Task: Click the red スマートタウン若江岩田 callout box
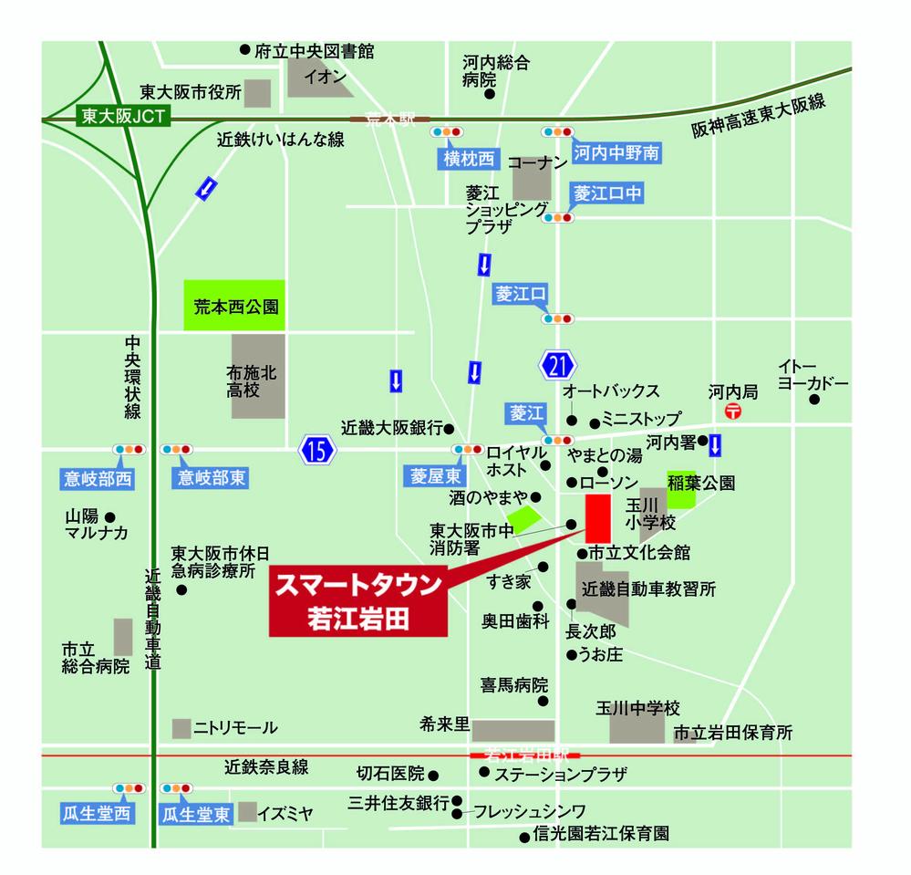point(358,599)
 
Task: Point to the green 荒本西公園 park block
point(235,306)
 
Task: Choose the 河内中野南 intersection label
point(616,152)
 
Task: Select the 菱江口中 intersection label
point(607,193)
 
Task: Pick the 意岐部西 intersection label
point(98,477)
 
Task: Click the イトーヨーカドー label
point(813,374)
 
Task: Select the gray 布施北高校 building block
point(258,376)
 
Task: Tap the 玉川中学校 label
point(638,709)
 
